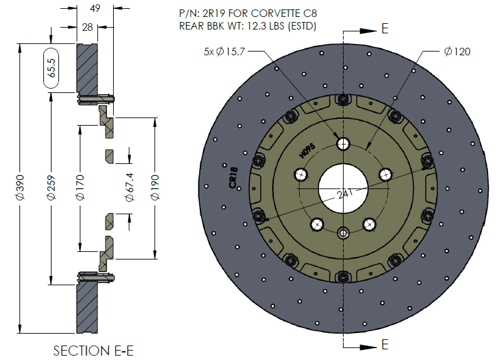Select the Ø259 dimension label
coord(50,187)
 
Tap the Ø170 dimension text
coord(80,187)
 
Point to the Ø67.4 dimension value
coord(129,187)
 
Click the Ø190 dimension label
coord(155,187)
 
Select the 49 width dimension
coord(95,9)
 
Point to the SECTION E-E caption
coord(94,350)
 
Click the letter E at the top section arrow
coord(384,29)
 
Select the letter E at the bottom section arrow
coord(384,344)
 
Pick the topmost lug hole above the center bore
coord(343,144)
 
